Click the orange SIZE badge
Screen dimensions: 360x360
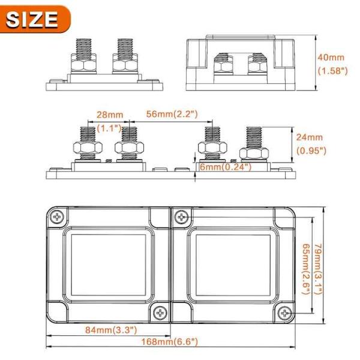click(x=35, y=20)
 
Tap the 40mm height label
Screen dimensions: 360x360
click(x=331, y=58)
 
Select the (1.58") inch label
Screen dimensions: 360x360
click(x=331, y=71)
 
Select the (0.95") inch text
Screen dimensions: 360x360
click(x=311, y=151)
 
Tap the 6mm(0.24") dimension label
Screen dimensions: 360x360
click(x=226, y=167)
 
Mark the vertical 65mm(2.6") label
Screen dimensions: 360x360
click(x=305, y=264)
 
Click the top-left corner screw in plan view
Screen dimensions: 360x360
click(x=58, y=217)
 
